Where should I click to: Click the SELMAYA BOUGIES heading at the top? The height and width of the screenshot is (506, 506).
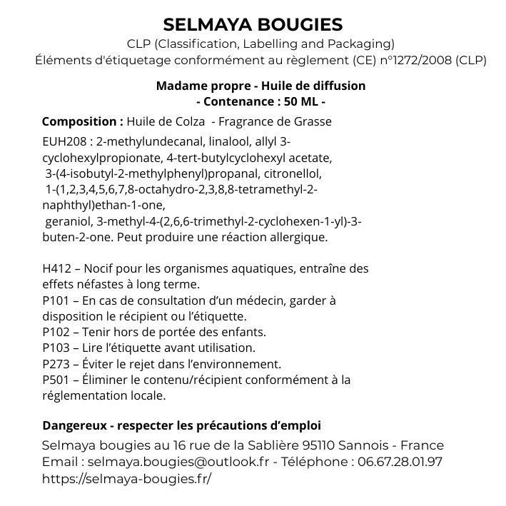coord(253,25)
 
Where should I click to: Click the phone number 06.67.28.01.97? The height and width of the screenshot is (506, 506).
coord(400,462)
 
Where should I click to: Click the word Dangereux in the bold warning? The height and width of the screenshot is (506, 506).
coord(74,426)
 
